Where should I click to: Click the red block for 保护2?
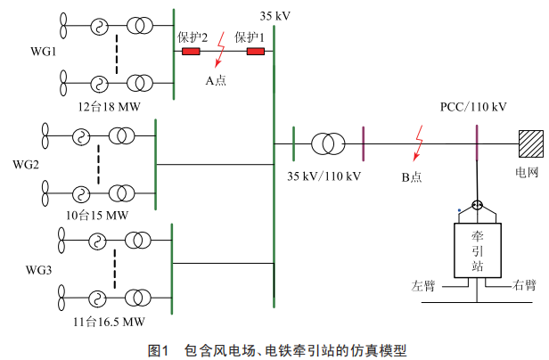point(191,52)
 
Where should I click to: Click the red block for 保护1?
point(256,52)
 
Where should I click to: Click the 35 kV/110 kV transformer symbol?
point(328,143)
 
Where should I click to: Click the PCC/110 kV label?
point(473,107)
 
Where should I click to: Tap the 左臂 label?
point(423,286)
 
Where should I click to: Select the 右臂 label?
point(524,286)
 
